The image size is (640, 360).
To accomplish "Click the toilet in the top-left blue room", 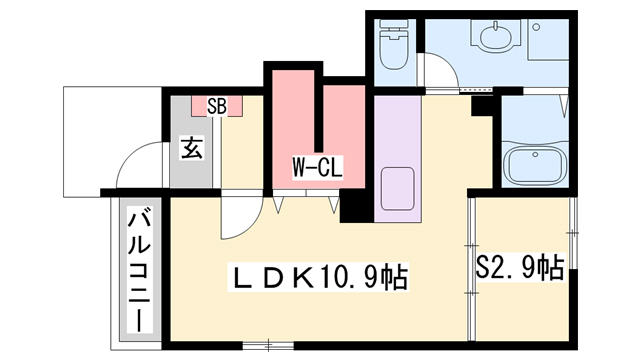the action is coord(394,44).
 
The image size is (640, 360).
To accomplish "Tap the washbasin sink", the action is coord(496,36).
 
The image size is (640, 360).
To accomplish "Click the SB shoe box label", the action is coord(217,107).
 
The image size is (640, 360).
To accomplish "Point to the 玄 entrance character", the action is coord(191,148).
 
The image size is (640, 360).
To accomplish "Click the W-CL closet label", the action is coord(317,167).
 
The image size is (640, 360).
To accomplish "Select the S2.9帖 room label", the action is coord(520,267).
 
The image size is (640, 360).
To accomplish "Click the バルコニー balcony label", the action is coord(139,271).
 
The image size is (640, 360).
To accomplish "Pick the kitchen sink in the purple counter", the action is coord(398,189).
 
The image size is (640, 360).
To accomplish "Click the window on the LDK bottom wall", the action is coord(268,346).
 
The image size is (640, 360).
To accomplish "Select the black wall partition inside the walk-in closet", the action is coord(319,110).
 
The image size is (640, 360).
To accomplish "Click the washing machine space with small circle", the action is coord(548,40).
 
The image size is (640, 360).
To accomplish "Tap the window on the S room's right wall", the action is coord(573,233).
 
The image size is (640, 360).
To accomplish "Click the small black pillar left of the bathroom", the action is coord(482,106).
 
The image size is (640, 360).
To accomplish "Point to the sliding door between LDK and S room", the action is coord(471,269).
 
